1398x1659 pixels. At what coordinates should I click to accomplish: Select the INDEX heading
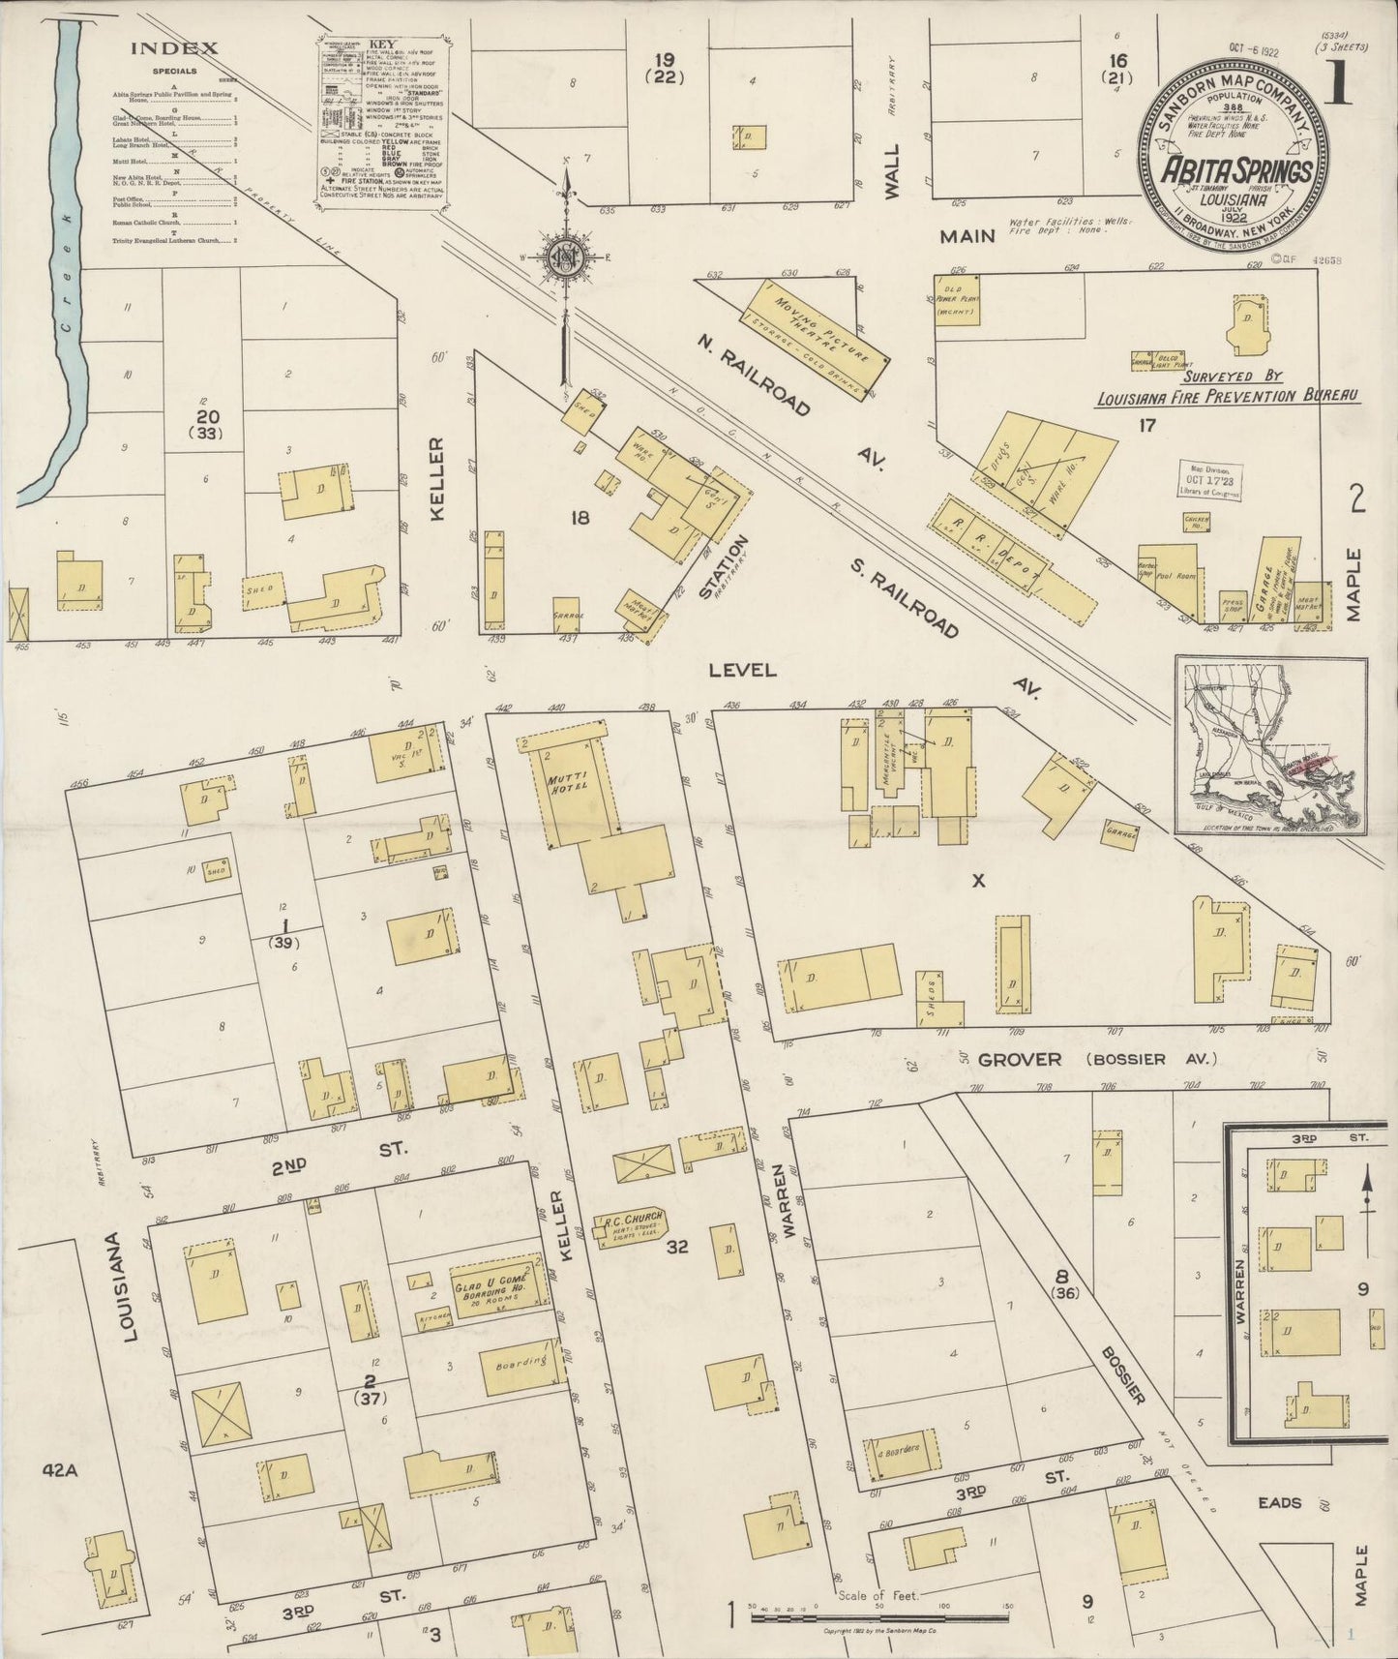(175, 48)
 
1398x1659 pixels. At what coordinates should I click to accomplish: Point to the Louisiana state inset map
(1270, 745)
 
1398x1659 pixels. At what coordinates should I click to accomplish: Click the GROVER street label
(1019, 1059)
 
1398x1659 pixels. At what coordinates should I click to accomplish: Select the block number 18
(580, 518)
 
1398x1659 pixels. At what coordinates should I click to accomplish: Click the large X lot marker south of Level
(978, 880)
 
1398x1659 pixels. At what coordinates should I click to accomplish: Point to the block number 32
(676, 1247)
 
